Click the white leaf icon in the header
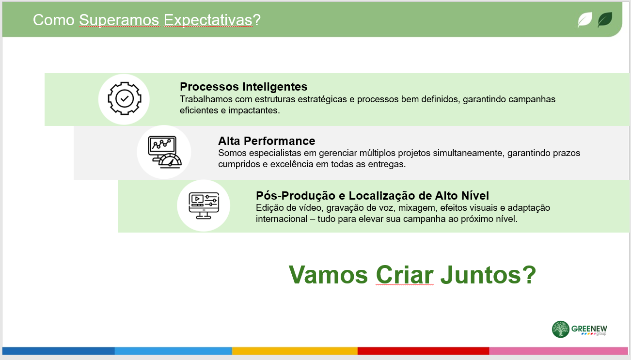coord(585,20)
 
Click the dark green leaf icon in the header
coord(605,20)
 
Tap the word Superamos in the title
coord(119,20)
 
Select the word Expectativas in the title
coord(208,20)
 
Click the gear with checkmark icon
coord(124,98)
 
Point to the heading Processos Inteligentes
coord(243,86)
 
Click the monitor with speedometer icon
coord(164,152)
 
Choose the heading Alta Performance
coord(267,141)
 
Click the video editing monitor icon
coord(204,205)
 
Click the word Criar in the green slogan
coord(405,275)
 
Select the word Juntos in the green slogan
coord(482,275)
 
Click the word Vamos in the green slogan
coord(328,275)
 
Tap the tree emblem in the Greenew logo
coord(561,329)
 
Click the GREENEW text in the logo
coord(589,329)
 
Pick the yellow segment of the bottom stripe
coord(295,351)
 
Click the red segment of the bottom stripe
coord(423,351)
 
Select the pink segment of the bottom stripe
coord(559,351)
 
